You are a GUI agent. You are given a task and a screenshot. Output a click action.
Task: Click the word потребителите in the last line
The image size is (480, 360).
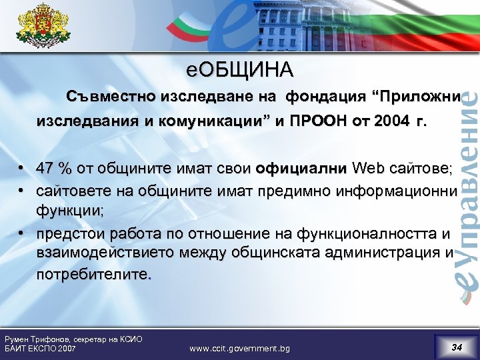point(93,274)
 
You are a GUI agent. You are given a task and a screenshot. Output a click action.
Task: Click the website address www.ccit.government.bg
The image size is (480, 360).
point(239,348)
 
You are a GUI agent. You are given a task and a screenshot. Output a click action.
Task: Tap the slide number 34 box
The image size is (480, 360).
point(457,347)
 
